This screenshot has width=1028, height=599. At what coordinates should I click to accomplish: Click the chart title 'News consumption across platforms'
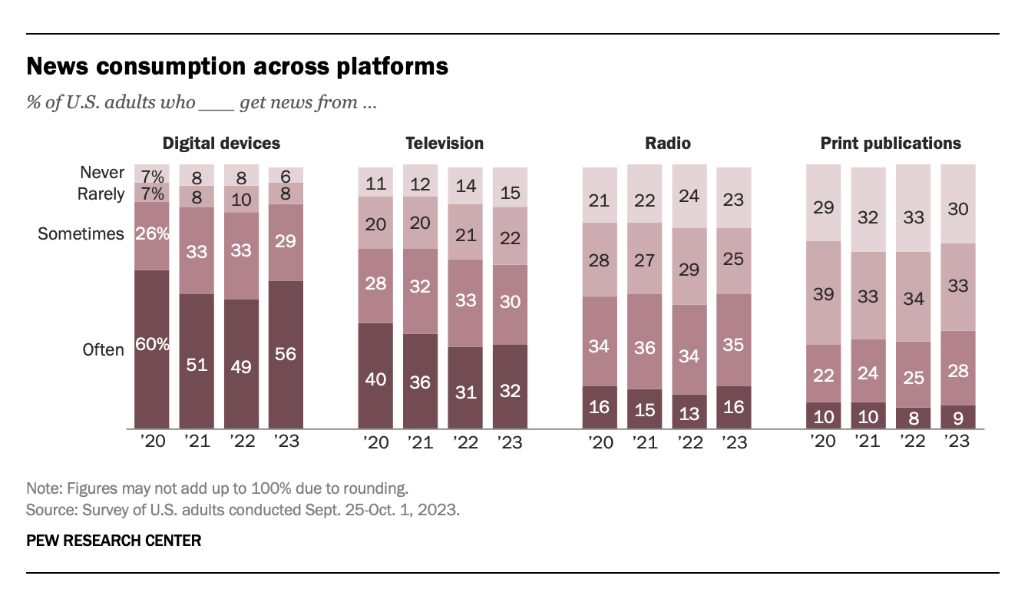[237, 67]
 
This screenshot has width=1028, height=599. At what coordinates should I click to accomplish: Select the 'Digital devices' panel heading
[221, 143]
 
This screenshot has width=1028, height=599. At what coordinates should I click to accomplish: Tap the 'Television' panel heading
[445, 143]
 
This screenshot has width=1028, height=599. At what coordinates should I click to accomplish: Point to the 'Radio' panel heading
[668, 143]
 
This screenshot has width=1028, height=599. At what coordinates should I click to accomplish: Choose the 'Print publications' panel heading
[891, 143]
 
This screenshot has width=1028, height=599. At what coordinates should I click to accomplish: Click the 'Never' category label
[102, 173]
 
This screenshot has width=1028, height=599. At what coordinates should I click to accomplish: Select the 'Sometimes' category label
[81, 233]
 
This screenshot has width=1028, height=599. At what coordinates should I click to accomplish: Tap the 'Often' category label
[103, 349]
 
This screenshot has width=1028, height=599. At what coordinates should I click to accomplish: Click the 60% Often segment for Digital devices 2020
[152, 349]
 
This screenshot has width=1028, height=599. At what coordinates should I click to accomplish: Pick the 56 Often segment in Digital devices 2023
[286, 354]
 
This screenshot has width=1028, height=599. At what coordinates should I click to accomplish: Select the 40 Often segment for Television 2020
[375, 376]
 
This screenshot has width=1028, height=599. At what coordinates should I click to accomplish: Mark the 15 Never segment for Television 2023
[510, 187]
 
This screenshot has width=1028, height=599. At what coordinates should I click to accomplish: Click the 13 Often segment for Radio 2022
[689, 412]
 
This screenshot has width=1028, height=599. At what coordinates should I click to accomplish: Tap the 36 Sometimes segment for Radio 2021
[645, 347]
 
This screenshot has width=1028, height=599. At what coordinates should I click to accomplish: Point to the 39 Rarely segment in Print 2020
[823, 293]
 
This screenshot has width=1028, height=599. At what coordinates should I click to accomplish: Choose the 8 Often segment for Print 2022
[912, 418]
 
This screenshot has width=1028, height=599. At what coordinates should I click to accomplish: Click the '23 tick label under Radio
[733, 442]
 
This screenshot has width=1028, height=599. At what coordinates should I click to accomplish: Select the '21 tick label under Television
[420, 442]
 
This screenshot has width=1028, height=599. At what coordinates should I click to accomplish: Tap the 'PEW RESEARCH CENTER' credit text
[114, 541]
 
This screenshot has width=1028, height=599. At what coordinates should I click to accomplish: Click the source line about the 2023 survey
[243, 510]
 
